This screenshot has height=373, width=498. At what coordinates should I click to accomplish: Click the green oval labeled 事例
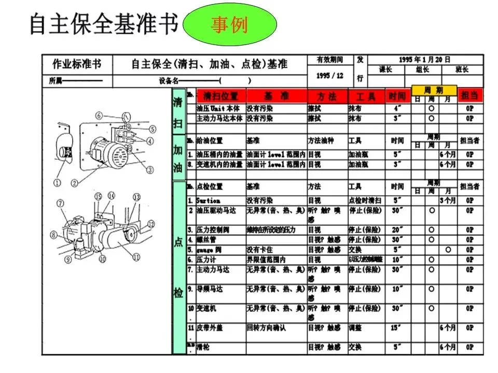230,25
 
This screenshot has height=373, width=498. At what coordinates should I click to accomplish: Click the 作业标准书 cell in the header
77,64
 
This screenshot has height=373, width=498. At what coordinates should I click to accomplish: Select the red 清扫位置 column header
221,96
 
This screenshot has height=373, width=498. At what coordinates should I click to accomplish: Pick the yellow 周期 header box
434,90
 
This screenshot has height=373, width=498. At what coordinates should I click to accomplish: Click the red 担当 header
469,96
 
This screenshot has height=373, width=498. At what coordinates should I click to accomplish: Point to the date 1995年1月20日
425,60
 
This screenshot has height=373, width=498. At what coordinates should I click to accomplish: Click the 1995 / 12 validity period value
330,76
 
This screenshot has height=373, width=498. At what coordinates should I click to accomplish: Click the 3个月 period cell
448,200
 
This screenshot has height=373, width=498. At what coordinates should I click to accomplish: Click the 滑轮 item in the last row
203,347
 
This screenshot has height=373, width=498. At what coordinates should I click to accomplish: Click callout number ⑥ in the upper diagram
99,116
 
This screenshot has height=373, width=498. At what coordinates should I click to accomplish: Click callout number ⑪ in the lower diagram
136,256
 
